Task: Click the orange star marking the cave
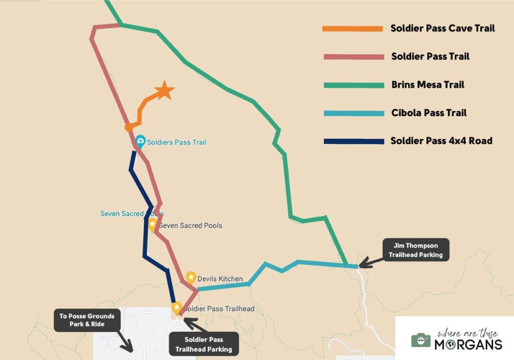coord(164,90)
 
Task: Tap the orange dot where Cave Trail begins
coord(129,127)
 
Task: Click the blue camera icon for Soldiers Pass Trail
coord(140,140)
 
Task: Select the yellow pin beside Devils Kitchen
coord(191,277)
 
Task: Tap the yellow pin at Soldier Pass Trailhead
coord(177,308)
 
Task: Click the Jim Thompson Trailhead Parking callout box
coord(415,250)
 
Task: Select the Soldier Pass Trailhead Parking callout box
coord(203,344)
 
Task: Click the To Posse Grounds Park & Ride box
coord(87,320)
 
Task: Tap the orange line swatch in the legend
coord(353,29)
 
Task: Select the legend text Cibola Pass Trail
coord(429,113)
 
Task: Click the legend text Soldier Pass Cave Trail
coord(443,28)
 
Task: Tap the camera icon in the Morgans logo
coord(421,340)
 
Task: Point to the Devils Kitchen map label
coord(220,279)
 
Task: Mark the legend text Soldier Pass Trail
coord(430,56)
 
